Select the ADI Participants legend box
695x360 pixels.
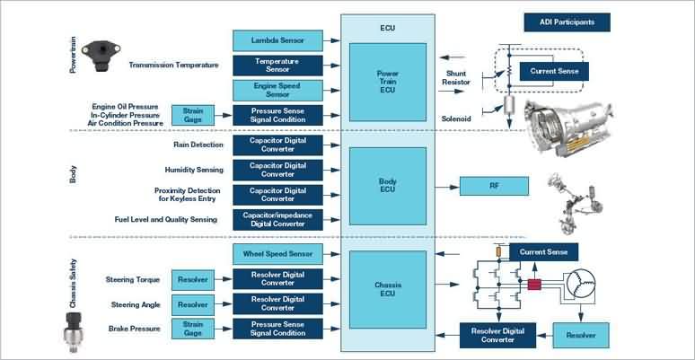(x=567, y=22)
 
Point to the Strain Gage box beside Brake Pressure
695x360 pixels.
(x=193, y=329)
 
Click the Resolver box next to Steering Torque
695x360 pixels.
(x=193, y=280)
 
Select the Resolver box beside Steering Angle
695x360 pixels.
(x=193, y=304)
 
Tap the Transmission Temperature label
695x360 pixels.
(x=173, y=65)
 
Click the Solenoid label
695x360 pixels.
(x=456, y=116)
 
